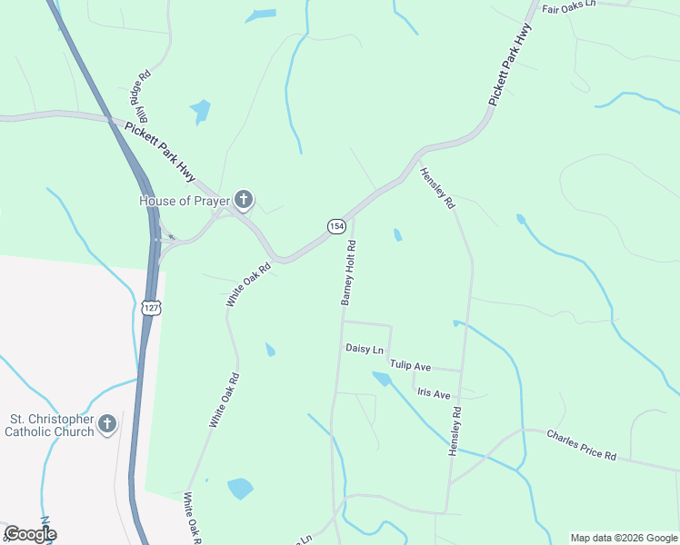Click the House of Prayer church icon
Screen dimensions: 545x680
click(243, 198)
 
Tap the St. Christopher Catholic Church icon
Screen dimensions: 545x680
click(107, 423)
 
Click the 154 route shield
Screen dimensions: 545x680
click(336, 225)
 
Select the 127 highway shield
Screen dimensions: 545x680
click(151, 308)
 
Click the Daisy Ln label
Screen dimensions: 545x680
click(365, 349)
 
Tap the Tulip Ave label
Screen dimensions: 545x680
click(410, 365)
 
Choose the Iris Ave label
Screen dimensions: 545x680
click(434, 394)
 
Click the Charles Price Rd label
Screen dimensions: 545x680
click(581, 444)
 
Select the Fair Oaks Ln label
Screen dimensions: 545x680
click(568, 5)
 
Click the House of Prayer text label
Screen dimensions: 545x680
click(185, 200)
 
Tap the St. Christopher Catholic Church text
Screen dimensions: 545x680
click(51, 425)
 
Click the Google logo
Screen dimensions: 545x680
click(30, 534)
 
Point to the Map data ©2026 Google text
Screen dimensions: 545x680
click(623, 538)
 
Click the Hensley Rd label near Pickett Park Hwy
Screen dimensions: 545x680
click(437, 189)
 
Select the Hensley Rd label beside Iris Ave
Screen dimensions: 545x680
click(454, 431)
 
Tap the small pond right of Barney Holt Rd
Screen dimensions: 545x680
click(397, 235)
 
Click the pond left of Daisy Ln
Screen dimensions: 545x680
click(270, 350)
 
